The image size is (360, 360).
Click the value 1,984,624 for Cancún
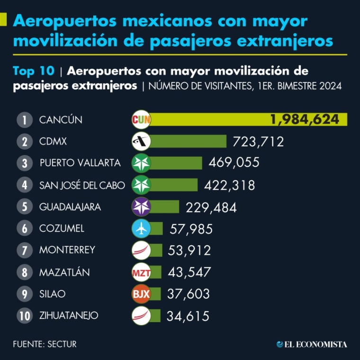305,120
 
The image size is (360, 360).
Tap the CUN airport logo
141,120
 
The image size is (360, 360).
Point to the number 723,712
258,141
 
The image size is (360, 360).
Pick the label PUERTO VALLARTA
80,163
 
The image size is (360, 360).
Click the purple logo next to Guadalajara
141,207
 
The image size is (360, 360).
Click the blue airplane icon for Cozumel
141,229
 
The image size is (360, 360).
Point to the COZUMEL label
62,229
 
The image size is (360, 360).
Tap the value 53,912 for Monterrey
189,250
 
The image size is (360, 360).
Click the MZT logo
141,272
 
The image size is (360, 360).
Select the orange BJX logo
141,294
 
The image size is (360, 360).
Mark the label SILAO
53,294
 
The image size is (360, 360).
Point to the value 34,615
188,316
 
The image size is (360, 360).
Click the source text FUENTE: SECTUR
45,344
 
